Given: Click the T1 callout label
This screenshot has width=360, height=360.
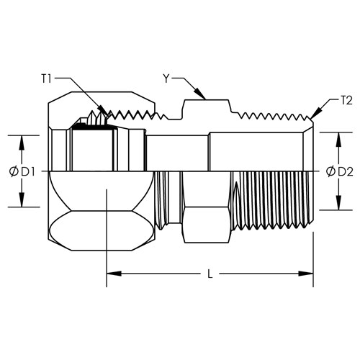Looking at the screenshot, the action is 47,78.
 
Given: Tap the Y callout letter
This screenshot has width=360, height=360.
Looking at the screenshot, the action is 166,78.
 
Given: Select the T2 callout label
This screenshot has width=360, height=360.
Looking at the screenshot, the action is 346,101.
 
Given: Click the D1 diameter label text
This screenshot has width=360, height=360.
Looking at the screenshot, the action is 28,172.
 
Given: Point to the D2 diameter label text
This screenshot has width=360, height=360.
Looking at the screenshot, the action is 346,172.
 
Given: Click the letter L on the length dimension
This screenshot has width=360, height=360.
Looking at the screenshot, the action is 210,274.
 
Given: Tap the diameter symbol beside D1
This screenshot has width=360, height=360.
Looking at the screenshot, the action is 14,172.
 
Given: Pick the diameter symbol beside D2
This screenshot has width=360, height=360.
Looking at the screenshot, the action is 331,172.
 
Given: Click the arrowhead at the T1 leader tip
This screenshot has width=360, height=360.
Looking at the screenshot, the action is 104,112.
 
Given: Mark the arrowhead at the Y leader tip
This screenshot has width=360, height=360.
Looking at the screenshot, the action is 201,94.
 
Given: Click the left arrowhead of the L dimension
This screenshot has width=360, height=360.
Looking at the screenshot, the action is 114,274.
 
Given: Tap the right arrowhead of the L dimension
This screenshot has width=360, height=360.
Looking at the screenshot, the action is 306,274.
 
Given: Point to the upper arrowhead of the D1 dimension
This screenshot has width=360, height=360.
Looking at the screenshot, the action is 22,143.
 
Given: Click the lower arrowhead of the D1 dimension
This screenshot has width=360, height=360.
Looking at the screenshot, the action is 22,199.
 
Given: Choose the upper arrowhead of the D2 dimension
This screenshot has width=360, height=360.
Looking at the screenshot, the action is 338,140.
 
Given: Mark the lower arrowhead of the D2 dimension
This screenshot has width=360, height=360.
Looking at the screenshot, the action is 338,203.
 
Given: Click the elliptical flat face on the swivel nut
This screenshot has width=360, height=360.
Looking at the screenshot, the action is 101,231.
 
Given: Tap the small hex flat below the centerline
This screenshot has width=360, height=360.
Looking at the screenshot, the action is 207,225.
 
